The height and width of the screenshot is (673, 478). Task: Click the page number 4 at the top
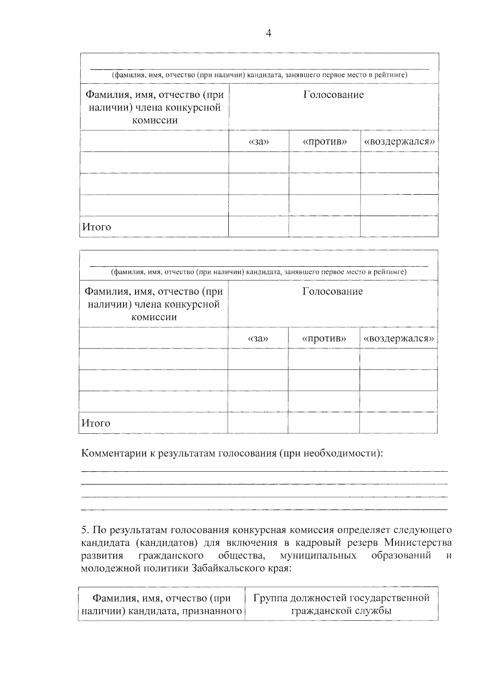click(x=268, y=33)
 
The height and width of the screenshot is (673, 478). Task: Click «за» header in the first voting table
click(x=259, y=142)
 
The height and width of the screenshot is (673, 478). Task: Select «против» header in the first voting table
click(x=325, y=142)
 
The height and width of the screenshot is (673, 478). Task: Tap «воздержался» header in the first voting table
click(x=399, y=142)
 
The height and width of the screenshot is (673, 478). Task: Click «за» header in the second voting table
click(x=258, y=338)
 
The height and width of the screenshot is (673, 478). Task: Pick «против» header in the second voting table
click(x=324, y=338)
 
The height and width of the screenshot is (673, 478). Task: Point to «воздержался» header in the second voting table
click(x=398, y=338)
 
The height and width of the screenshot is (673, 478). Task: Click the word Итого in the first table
click(x=97, y=227)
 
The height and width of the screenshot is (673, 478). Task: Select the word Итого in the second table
click(x=96, y=423)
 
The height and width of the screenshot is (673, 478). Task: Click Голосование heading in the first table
click(x=333, y=95)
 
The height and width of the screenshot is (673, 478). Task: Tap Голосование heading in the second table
click(x=333, y=291)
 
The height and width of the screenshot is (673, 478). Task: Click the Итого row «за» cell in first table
click(x=259, y=226)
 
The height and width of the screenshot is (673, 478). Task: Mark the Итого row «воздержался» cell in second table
click(x=398, y=423)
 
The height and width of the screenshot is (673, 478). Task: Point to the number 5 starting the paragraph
click(x=84, y=530)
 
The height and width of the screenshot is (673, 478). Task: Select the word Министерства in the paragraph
click(x=418, y=543)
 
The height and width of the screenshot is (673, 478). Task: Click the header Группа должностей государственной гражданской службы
click(x=341, y=604)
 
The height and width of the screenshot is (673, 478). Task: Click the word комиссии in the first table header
click(x=155, y=120)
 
